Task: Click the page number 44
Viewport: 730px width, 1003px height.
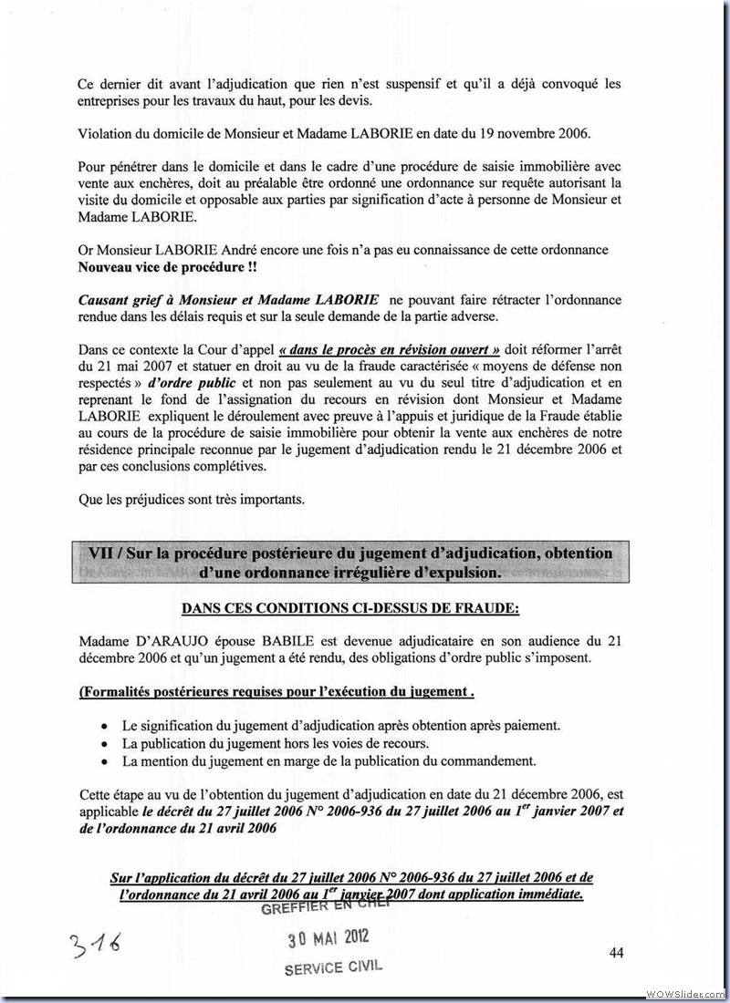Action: coord(616,953)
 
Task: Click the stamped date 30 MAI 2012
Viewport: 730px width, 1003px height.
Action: coord(327,939)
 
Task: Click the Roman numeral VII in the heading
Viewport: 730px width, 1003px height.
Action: coord(102,554)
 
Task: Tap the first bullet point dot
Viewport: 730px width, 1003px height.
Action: coord(105,727)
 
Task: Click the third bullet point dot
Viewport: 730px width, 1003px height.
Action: coord(105,761)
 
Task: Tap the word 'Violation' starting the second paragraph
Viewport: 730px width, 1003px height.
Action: coord(107,134)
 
